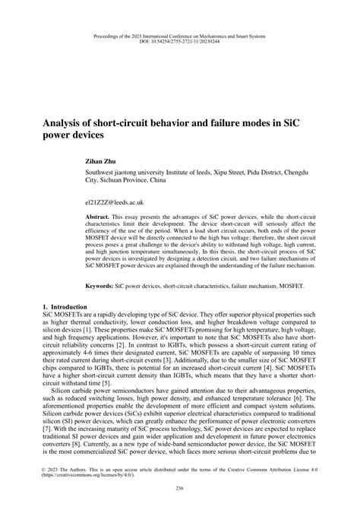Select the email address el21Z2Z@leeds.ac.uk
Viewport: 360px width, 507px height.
[115, 203]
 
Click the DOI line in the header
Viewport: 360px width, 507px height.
[180, 42]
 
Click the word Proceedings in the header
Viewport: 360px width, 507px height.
[110, 35]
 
